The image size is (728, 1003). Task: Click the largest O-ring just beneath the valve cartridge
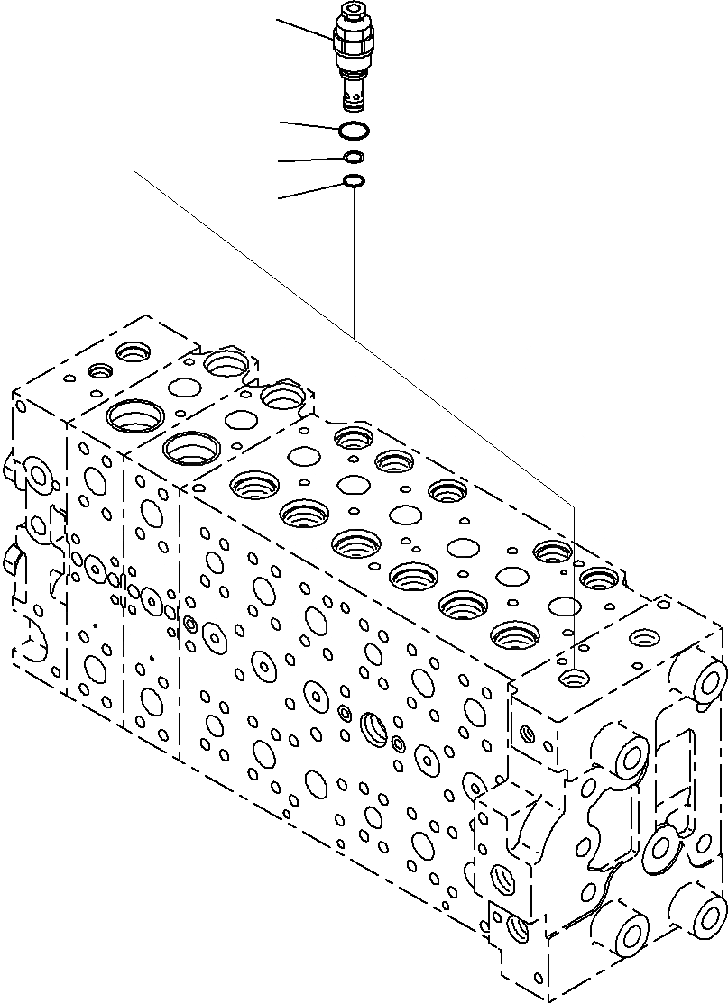click(x=354, y=132)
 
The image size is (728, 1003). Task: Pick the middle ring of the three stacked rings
click(x=355, y=158)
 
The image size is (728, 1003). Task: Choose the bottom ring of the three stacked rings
click(x=355, y=182)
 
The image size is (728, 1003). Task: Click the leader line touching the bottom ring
click(x=311, y=190)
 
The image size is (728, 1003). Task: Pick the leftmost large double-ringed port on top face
click(x=134, y=416)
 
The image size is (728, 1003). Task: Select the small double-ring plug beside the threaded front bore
click(x=399, y=743)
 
